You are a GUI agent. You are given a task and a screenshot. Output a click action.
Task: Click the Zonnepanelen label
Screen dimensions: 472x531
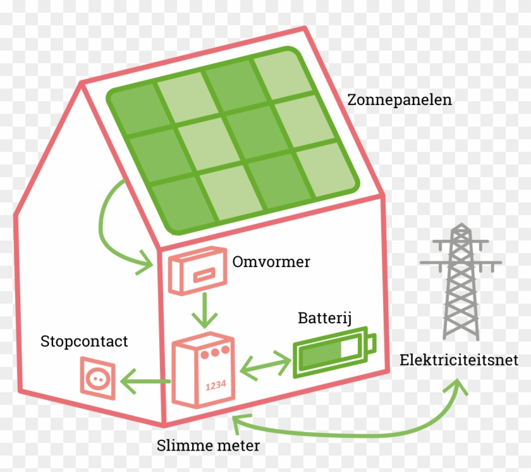pos(400,100)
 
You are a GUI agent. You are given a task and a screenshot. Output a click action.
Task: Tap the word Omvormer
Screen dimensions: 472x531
pos(271,262)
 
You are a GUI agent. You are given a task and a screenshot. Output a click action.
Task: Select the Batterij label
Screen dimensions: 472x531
pos(324,317)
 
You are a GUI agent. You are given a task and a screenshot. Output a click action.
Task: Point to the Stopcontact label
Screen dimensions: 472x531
pos(84,342)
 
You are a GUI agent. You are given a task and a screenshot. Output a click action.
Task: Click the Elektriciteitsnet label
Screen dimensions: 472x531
pos(458,360)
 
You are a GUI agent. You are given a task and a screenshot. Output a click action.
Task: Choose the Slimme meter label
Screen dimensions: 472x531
pos(208,445)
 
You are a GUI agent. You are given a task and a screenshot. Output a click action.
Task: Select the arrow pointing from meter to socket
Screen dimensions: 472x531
pos(146,381)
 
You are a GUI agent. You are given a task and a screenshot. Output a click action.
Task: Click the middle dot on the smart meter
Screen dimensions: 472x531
pos(216,352)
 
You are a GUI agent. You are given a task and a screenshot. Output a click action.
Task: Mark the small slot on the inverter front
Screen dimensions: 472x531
pos(202,276)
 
